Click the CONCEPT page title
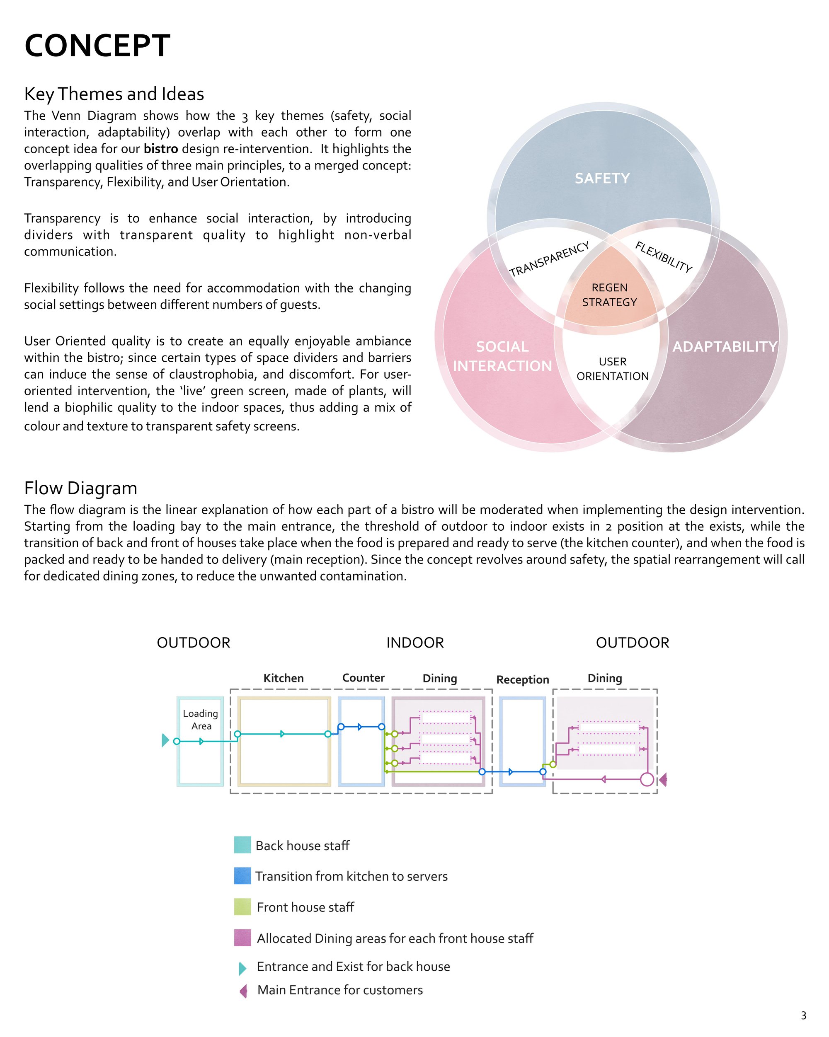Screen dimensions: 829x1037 [97, 46]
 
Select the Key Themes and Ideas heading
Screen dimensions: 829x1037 [114, 94]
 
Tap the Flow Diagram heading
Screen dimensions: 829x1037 [81, 488]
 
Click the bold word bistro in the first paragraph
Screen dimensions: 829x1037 [161, 149]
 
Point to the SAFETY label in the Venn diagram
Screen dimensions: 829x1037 [602, 179]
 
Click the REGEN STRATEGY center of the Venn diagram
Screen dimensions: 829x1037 [610, 295]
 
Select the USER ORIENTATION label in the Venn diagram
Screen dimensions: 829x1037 [613, 369]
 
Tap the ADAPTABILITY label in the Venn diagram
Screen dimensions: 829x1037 [725, 347]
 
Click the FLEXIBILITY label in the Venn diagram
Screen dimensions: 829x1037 [664, 257]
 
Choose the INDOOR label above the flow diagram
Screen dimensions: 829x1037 [415, 643]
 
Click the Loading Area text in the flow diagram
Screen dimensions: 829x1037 [201, 720]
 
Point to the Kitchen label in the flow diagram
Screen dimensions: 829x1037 [284, 678]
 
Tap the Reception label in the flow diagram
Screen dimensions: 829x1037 [523, 679]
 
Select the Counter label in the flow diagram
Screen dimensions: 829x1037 [363, 678]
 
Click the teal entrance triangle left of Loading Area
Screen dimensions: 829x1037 [165, 740]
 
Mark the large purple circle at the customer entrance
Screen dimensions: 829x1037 [647, 779]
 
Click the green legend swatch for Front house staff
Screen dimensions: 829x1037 [242, 906]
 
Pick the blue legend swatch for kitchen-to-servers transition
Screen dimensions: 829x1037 [242, 876]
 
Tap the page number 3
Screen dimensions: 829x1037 [803, 1015]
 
